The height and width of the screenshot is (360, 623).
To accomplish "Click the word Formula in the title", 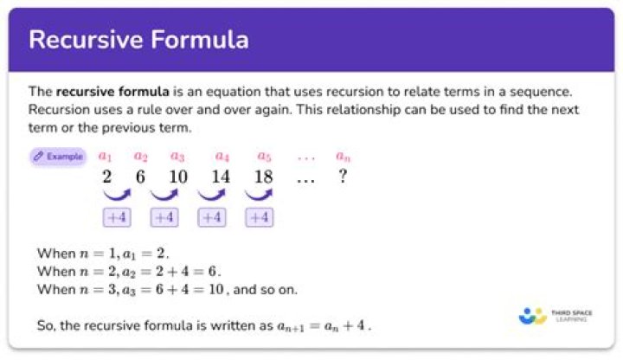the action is coord(200,40).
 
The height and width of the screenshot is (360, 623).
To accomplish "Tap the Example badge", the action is coord(59,157).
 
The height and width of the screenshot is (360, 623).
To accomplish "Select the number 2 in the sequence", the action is coord(106,177).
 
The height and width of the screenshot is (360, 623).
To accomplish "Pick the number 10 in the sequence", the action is coord(178,177).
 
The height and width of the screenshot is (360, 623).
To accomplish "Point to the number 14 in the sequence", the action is coord(221,177).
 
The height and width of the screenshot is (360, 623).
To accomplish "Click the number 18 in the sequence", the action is coord(264,177).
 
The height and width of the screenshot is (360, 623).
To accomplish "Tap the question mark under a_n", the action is coord(343,176).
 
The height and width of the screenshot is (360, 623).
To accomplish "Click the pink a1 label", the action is coord(105,156).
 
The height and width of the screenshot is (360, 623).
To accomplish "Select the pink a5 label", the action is coord(264,156).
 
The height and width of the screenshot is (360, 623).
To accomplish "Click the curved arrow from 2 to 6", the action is coord(117,195).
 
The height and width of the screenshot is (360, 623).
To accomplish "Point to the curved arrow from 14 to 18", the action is coord(259,195).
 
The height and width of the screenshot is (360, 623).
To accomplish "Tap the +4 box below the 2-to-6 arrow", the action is coord(117,217).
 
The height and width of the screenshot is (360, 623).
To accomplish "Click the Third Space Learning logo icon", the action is coord(532,316).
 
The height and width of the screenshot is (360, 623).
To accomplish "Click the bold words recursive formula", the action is coord(112,92).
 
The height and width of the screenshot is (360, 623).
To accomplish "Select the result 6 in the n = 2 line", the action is coord(213,272).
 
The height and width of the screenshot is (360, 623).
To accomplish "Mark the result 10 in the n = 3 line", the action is coord(216,289).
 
